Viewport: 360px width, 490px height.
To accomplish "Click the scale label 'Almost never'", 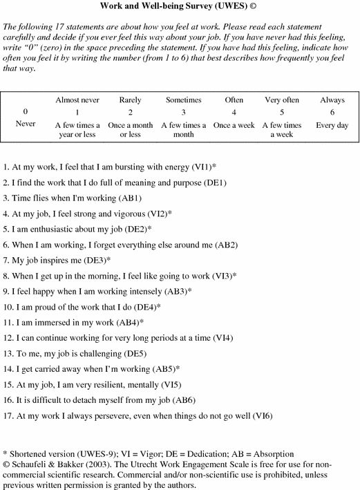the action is tap(77, 100).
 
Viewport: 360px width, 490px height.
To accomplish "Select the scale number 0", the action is tap(26, 111).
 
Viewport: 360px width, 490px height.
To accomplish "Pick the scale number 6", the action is tap(332, 111).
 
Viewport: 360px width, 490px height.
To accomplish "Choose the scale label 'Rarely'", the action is tap(131, 100).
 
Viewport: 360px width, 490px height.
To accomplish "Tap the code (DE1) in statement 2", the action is tap(212, 183).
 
